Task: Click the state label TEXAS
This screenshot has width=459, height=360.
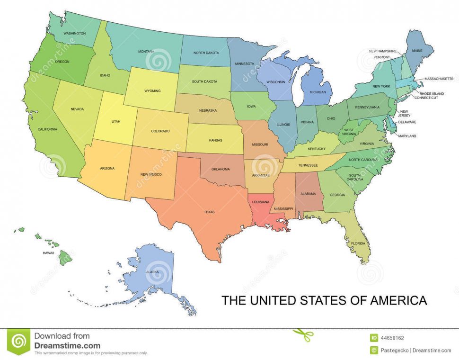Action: [x=209, y=212]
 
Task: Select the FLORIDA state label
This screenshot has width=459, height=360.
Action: [x=358, y=243]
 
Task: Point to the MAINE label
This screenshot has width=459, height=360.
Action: [x=417, y=50]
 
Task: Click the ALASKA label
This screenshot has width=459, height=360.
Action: [x=152, y=272]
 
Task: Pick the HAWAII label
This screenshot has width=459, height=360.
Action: [x=48, y=253]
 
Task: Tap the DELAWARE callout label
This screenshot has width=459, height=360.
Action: [x=406, y=122]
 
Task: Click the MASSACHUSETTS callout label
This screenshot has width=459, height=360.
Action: [x=439, y=79]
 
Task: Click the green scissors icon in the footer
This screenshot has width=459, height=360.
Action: [x=302, y=335]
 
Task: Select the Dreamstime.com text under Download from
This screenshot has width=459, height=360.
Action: [x=67, y=346]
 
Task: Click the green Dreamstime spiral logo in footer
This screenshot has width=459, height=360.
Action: [x=19, y=342]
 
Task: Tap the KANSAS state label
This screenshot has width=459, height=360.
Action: [x=215, y=140]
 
